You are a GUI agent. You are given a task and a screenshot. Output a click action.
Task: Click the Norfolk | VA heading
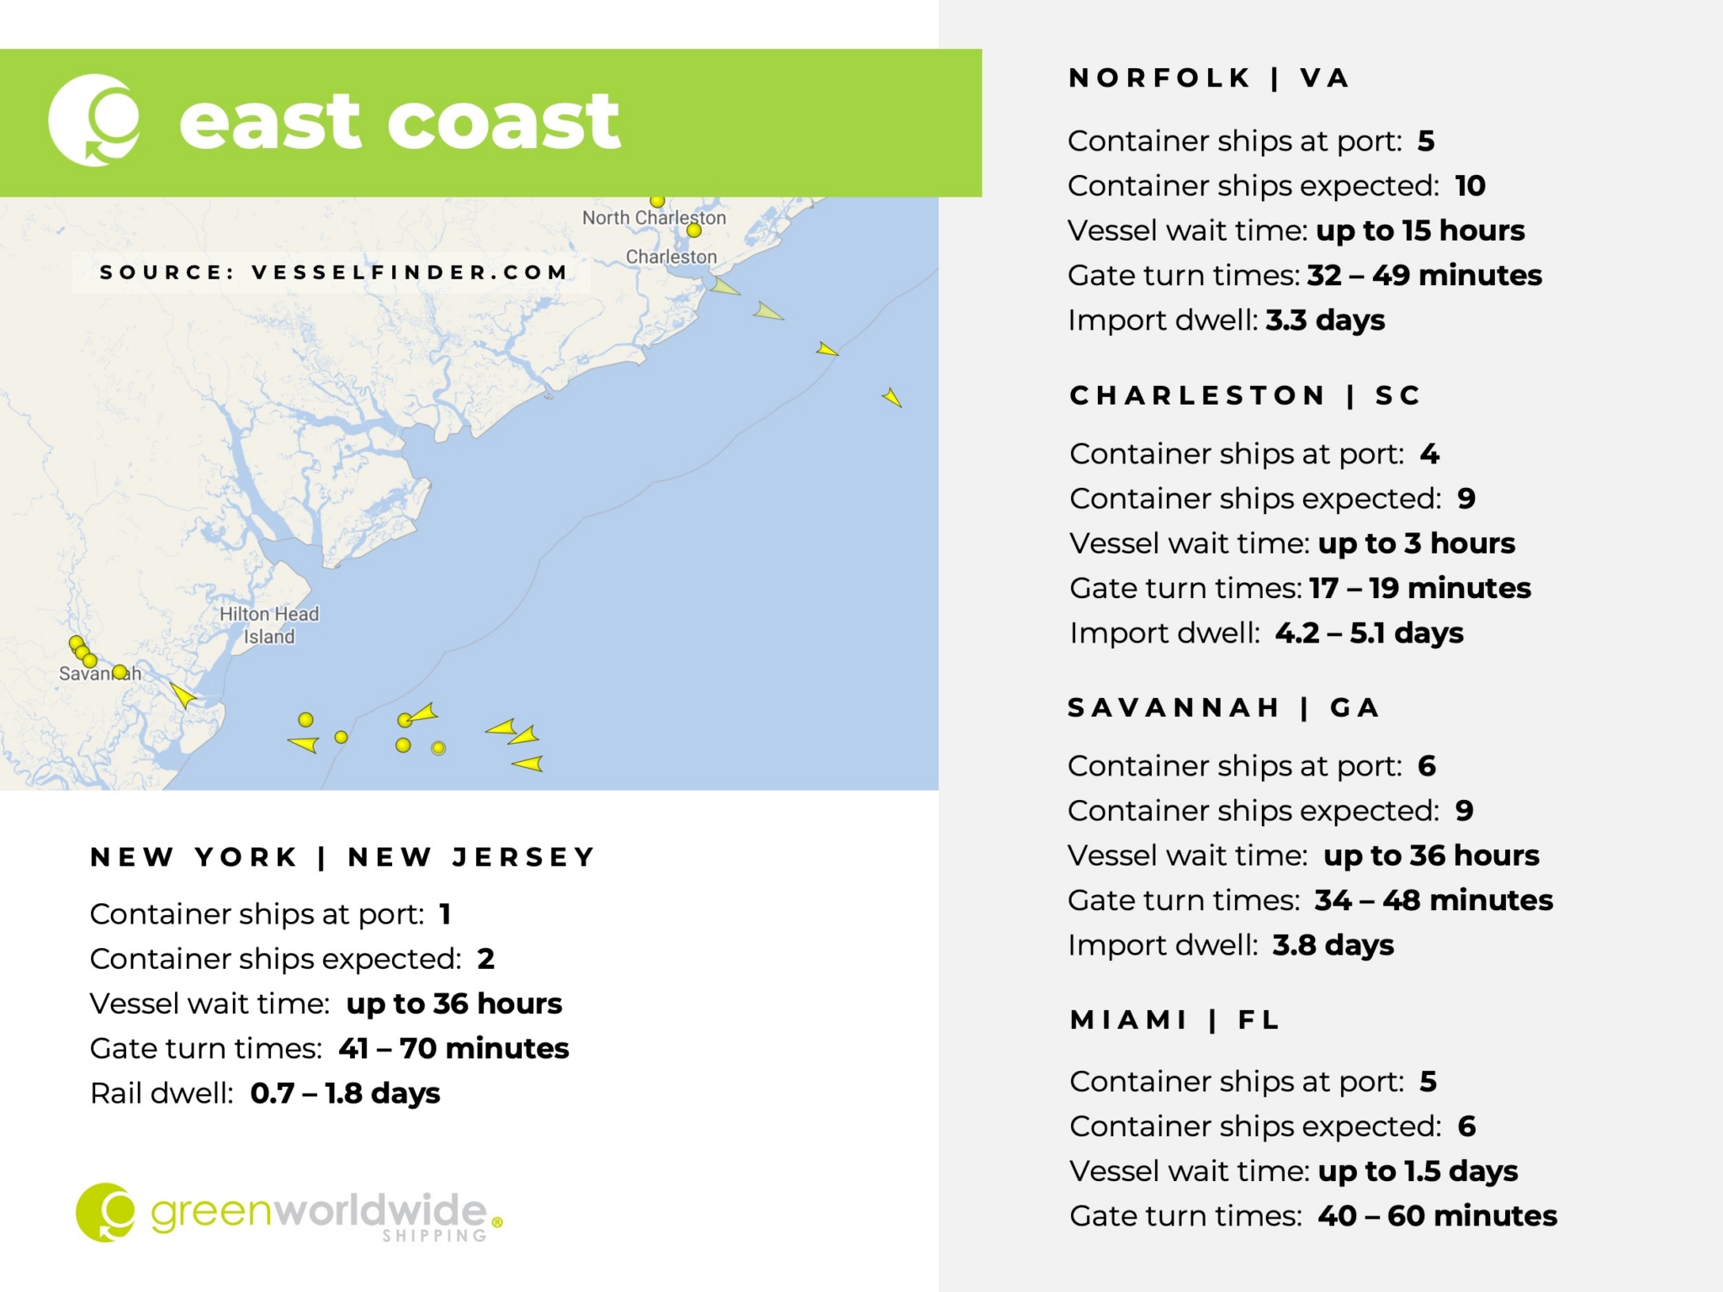[x=1208, y=78]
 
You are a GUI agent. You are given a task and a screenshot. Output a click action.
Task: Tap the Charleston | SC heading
[x=1244, y=395]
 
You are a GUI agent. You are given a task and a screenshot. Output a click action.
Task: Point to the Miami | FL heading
[x=1174, y=1020]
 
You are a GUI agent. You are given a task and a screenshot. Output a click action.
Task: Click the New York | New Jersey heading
[x=342, y=857]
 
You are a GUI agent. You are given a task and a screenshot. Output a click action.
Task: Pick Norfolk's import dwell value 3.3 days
[x=1325, y=320]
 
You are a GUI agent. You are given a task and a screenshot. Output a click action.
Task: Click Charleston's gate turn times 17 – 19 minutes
[x=1419, y=588]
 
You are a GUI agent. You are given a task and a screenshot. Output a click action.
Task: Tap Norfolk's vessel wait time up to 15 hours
[x=1420, y=230]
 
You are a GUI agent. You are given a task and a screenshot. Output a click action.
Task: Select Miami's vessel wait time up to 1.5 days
[x=1418, y=1171]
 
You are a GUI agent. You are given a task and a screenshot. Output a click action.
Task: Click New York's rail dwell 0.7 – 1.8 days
[x=345, y=1093]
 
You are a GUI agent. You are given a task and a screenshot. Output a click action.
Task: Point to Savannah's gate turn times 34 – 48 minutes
[x=1433, y=900]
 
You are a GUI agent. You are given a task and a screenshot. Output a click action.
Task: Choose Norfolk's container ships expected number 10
[x=1470, y=186]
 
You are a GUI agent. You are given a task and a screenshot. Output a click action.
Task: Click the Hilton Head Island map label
[x=269, y=625]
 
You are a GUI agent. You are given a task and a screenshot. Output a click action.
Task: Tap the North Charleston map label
[x=653, y=217]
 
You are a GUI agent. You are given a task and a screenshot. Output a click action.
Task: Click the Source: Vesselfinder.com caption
[x=333, y=273]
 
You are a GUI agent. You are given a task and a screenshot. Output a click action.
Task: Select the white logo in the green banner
[x=94, y=120]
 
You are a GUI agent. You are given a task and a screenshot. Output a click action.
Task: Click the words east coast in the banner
[x=400, y=122]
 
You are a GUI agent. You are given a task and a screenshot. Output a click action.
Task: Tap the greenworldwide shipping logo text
[x=320, y=1214]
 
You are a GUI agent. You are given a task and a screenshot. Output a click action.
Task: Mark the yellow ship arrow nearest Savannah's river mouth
[x=183, y=695]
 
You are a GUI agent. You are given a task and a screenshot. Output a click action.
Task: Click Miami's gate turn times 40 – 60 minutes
[x=1437, y=1216]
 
